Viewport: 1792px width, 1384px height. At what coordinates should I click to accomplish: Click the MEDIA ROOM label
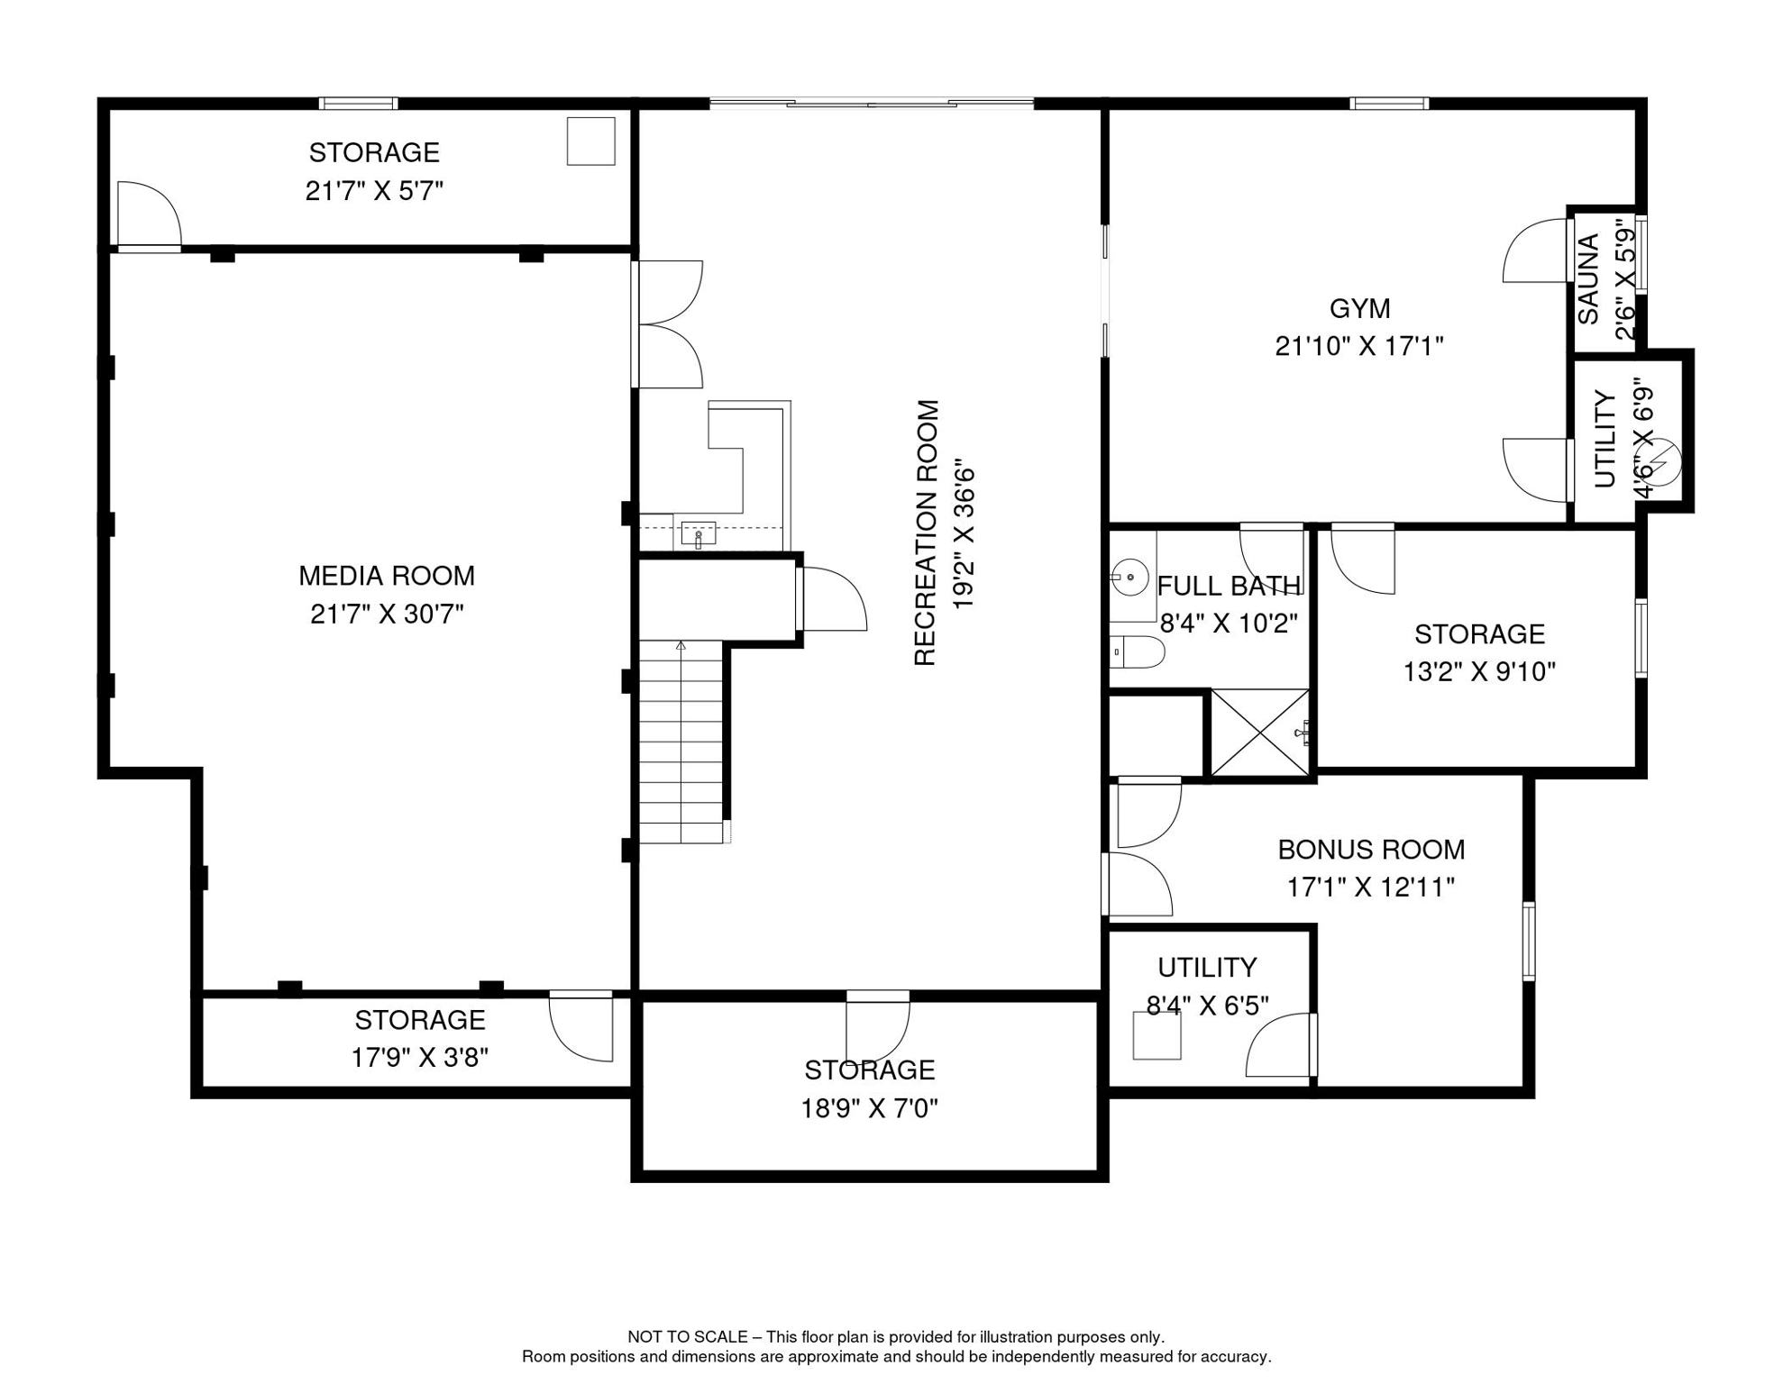click(x=387, y=576)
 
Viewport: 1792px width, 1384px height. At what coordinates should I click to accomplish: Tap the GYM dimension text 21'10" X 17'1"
click(x=1359, y=346)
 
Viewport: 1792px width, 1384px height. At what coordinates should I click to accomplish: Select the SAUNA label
click(x=1588, y=279)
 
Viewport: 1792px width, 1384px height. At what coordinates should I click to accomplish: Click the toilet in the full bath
click(x=1137, y=651)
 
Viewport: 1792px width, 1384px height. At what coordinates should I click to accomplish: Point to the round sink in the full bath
click(x=1129, y=575)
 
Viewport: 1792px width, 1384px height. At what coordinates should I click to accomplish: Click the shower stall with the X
click(x=1259, y=733)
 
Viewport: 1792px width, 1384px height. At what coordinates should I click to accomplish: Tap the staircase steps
click(x=681, y=742)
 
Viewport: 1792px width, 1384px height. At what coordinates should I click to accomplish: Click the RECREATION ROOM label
click(x=927, y=533)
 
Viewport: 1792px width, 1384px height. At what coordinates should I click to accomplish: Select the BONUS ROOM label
click(x=1371, y=850)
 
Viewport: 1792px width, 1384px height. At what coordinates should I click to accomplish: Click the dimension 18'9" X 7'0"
click(x=870, y=1108)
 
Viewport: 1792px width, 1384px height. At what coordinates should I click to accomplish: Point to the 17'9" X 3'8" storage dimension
click(x=420, y=1057)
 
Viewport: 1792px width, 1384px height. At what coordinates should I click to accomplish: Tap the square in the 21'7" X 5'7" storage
click(x=591, y=141)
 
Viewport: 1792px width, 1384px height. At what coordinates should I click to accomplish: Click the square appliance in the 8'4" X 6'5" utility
click(x=1157, y=1035)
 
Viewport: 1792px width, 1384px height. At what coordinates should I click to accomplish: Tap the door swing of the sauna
click(x=1534, y=250)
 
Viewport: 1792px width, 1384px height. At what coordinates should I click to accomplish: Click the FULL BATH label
click(x=1230, y=587)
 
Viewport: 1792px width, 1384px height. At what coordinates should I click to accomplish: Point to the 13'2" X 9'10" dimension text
click(x=1479, y=672)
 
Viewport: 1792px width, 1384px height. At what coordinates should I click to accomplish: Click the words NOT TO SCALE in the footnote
click(x=688, y=1337)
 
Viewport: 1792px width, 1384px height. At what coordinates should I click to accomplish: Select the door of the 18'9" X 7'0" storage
click(x=878, y=1027)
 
